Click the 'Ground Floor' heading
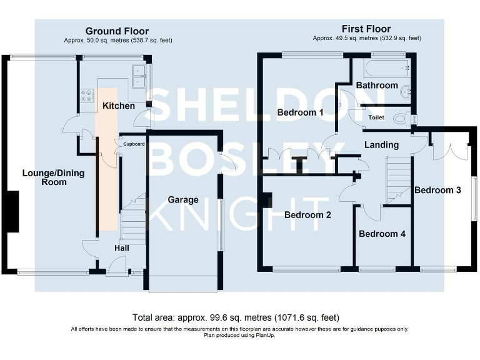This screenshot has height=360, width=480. [117, 31]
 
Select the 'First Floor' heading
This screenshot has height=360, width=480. [366, 29]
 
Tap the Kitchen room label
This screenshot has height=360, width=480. [119, 106]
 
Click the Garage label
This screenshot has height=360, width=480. [182, 200]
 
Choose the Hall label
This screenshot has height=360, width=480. [121, 248]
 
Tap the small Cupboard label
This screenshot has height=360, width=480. [134, 144]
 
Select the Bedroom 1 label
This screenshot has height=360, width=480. [301, 112]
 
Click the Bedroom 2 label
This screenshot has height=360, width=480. [307, 215]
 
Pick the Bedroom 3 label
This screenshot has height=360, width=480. [437, 190]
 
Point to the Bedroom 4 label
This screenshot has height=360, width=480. [382, 234]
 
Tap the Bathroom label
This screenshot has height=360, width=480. [377, 85]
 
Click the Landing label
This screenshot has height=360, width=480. [381, 145]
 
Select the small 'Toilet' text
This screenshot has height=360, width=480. [376, 117]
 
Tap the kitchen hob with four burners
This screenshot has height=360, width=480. [84, 96]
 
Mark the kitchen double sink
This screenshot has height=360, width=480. [139, 77]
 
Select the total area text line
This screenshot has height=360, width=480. [236, 317]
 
